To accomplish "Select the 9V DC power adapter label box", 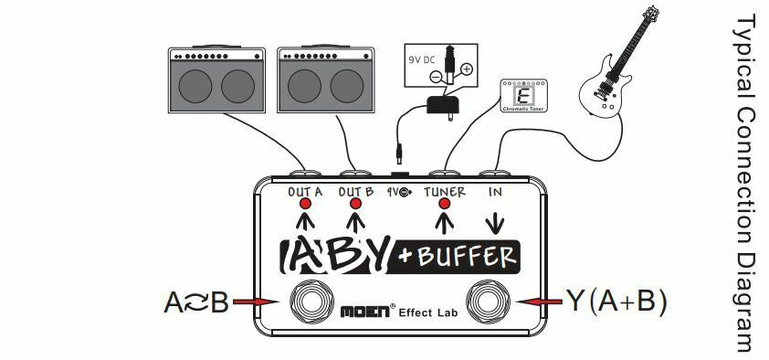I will coord(441,66).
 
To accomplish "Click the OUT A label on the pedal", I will coord(306,192).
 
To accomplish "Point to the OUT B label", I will coord(356,192).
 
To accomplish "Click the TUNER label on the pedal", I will coord(445,192).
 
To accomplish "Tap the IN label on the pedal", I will coord(495,192).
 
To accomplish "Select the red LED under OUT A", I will coord(306,205).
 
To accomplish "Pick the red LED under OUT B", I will coord(356,205).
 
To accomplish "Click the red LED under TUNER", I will coord(445,205).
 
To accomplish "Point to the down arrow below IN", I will coord(495,222).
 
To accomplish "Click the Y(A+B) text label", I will coord(617,301).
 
